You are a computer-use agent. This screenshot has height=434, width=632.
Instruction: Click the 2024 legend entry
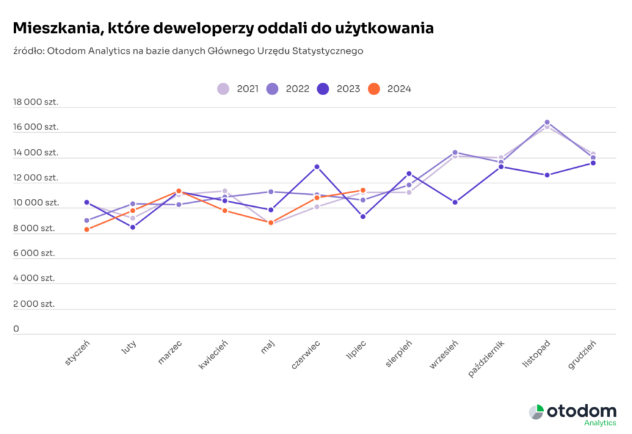pyautogui.click(x=389, y=89)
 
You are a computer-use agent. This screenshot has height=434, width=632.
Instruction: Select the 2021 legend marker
pyautogui.click(x=223, y=89)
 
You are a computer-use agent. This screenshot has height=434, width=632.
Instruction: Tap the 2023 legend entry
pyautogui.click(x=338, y=89)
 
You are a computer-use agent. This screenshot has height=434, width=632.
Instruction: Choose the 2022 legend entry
pyautogui.click(x=288, y=89)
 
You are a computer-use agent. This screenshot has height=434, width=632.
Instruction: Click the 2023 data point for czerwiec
pyautogui.click(x=317, y=167)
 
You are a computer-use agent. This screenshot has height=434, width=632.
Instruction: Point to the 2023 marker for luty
pyautogui.click(x=133, y=227)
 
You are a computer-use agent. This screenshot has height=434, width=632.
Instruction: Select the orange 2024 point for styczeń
pyautogui.click(x=87, y=230)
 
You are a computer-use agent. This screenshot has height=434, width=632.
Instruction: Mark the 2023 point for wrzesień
pyautogui.click(x=455, y=202)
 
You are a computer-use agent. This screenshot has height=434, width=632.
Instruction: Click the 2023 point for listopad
pyautogui.click(x=547, y=175)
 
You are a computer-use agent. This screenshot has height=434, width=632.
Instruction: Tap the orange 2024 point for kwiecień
pyautogui.click(x=225, y=211)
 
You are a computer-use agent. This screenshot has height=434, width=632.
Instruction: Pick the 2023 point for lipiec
pyautogui.click(x=363, y=217)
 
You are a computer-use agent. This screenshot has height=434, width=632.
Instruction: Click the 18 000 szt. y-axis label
pyautogui.click(x=36, y=102)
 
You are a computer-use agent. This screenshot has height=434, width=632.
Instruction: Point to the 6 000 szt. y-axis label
pyautogui.click(x=35, y=253)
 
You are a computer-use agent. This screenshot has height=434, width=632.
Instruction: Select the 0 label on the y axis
pyautogui.click(x=17, y=329)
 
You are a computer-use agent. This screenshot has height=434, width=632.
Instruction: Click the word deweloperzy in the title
pyautogui.click(x=204, y=29)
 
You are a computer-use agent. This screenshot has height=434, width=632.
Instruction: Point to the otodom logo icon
pyautogui.click(x=536, y=412)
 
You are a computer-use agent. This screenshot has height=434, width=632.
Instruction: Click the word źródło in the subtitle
pyautogui.click(x=28, y=51)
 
